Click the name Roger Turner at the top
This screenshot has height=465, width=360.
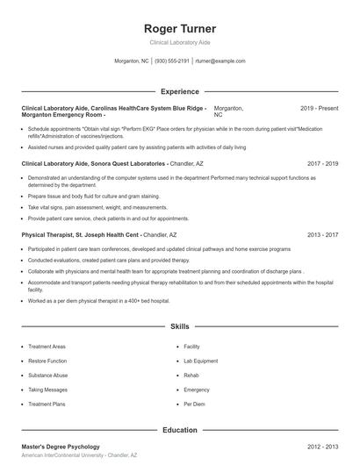(x=179, y=29)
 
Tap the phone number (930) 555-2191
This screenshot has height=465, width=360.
(x=173, y=61)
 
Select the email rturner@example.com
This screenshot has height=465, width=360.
(x=220, y=61)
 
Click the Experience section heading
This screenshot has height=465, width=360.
(x=179, y=91)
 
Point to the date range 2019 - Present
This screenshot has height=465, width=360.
(x=319, y=108)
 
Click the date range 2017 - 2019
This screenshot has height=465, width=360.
(x=322, y=163)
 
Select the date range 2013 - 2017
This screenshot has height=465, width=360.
(x=322, y=235)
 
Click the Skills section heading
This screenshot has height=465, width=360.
(x=179, y=326)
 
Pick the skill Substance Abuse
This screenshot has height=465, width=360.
(x=48, y=375)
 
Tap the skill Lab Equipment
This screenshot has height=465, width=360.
(x=201, y=361)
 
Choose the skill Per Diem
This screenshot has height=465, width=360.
(x=194, y=404)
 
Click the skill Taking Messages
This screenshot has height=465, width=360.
(x=47, y=389)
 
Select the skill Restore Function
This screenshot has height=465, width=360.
(x=47, y=361)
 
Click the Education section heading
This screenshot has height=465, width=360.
(x=179, y=431)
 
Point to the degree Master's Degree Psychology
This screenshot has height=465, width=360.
(x=60, y=447)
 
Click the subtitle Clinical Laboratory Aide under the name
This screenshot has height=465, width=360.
(x=179, y=42)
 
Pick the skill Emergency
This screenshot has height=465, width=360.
(x=197, y=389)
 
